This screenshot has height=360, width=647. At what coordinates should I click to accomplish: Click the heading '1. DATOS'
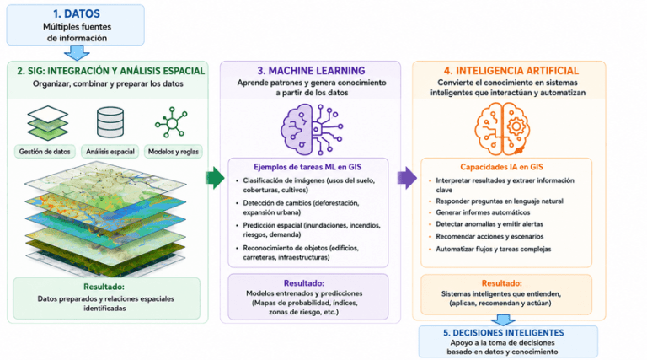(77, 13)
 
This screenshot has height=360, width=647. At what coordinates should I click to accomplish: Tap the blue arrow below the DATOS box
(77, 53)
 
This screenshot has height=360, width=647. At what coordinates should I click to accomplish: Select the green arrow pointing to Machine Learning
(215, 178)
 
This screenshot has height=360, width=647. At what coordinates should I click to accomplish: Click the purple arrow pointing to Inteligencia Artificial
(407, 178)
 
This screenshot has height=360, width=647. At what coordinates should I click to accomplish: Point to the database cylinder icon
(110, 122)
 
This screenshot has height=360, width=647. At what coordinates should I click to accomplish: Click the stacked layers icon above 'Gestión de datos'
(47, 122)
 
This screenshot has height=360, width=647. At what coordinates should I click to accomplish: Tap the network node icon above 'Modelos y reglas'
(172, 122)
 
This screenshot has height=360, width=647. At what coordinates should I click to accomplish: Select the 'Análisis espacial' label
(110, 152)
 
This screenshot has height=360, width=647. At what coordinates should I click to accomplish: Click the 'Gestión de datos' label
(45, 152)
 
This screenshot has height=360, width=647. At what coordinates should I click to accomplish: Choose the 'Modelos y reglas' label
(174, 152)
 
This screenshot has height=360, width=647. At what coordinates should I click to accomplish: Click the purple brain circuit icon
(312, 129)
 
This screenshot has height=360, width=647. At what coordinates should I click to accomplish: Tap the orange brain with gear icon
(502, 128)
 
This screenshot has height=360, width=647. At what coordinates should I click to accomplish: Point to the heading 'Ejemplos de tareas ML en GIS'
(307, 167)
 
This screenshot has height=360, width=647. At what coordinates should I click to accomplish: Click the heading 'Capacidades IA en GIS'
(502, 167)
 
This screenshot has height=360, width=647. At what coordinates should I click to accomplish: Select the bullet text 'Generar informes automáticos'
(483, 212)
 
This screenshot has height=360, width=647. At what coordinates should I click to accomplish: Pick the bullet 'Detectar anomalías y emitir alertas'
(489, 224)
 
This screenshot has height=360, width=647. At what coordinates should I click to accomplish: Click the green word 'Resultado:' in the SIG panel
(104, 287)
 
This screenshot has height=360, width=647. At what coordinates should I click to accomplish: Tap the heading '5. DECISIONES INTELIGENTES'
(504, 333)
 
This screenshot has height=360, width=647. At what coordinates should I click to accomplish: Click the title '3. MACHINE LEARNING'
(311, 71)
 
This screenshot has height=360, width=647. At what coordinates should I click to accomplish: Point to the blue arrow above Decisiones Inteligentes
(503, 320)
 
